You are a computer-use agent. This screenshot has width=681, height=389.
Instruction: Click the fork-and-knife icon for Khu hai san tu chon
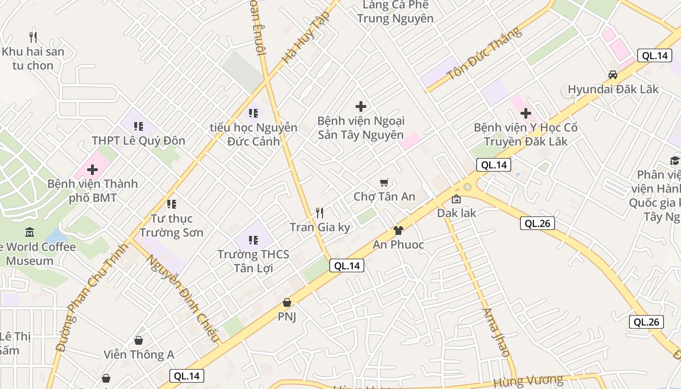33,37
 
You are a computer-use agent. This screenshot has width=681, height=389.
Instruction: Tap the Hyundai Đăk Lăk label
613,89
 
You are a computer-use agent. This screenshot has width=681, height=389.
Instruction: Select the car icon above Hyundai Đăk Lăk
613,75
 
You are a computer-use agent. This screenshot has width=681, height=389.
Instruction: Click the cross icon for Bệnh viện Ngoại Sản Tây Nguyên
360,106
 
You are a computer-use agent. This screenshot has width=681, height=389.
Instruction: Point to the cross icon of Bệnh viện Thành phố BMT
92,170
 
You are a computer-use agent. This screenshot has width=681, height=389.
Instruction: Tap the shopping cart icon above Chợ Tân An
384,182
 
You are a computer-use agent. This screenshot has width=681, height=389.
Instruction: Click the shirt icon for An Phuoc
398,230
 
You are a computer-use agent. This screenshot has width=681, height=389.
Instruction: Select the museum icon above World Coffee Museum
30,232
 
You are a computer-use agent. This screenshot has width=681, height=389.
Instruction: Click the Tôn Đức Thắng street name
484,53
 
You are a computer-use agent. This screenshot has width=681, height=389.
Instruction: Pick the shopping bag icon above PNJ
287,302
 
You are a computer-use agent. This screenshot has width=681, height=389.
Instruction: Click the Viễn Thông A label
139,354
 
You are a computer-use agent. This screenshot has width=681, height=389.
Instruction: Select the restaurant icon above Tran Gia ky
320,212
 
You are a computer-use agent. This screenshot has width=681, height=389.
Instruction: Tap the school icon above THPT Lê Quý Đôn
139,126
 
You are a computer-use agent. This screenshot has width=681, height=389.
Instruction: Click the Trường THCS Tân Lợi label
253,261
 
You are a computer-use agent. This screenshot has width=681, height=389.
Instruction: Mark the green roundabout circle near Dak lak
467,187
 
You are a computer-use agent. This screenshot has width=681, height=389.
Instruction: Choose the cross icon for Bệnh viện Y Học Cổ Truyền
525,113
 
